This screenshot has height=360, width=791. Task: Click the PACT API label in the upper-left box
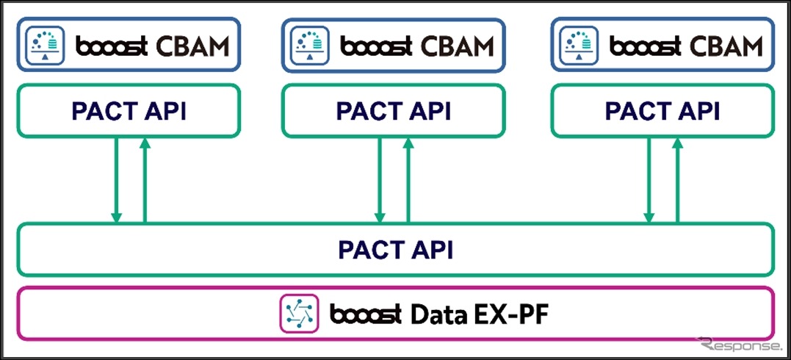(129, 111)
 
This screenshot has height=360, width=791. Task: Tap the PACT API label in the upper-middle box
(394, 111)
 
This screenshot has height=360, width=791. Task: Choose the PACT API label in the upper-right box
(662, 111)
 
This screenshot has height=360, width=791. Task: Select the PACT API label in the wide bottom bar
(395, 250)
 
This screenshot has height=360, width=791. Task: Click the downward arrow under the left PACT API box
(116, 180)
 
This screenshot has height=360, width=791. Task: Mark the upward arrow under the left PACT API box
(145, 180)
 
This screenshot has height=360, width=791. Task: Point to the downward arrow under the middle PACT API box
(380, 180)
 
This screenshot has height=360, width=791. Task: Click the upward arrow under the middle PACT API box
(408, 180)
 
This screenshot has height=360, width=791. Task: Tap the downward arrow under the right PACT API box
(649, 180)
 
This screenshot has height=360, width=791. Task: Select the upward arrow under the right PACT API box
(677, 180)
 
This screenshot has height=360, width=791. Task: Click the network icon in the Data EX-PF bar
(298, 314)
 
